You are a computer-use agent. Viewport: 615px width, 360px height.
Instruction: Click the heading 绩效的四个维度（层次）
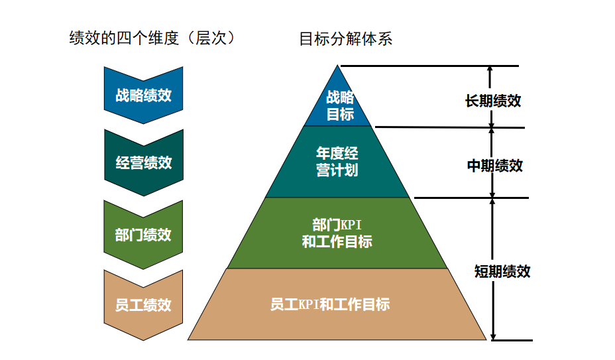pos(152,38)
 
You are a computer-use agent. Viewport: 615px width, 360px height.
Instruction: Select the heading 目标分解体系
pos(346,38)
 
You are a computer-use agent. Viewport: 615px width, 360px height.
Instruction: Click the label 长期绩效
pos(493,101)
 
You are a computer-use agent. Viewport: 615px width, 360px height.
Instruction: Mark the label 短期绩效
pos(502,271)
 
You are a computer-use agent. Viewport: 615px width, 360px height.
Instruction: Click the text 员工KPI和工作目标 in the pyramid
pos(330,304)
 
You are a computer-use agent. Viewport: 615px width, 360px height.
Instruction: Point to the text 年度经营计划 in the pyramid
pos(337,162)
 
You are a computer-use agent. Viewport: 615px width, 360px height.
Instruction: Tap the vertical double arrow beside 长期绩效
pos(490,96)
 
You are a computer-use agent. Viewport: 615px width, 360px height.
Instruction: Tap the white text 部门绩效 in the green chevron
pos(143,235)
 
